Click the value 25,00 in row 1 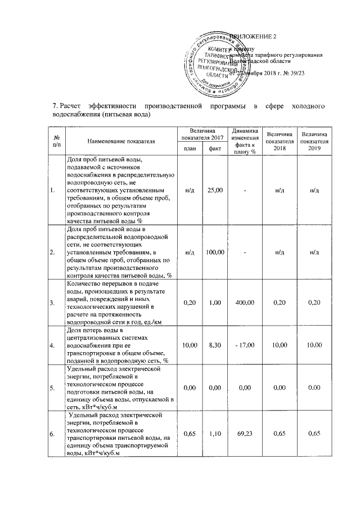(215, 190)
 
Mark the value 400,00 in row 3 (245, 303)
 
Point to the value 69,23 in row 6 (245, 435)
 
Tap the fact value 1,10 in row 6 (215, 435)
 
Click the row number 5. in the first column (53, 388)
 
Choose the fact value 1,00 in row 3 (215, 303)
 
